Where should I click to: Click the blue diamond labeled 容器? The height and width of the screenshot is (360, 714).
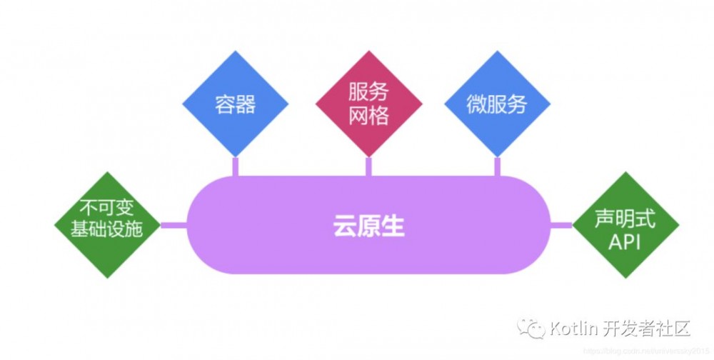[235, 105]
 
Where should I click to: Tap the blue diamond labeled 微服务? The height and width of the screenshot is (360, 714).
[497, 105]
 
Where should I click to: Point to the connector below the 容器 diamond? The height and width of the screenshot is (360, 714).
[235, 166]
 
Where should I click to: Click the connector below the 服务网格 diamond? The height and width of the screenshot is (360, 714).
[368, 166]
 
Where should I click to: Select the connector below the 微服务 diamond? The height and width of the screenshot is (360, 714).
[497, 166]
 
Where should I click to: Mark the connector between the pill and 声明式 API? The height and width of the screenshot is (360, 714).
[561, 226]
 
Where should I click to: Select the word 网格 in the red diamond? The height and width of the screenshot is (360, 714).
[368, 116]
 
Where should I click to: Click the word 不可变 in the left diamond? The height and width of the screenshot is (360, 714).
[108, 211]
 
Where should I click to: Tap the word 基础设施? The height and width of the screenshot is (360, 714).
[108, 231]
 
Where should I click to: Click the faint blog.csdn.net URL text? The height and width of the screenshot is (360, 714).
[643, 351]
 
